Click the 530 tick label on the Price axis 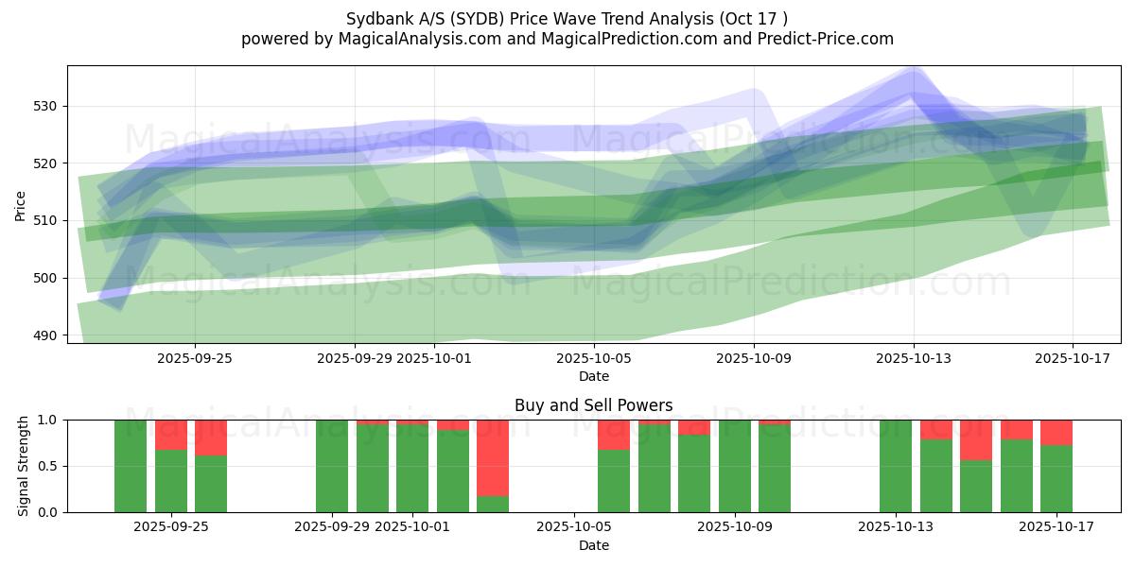pyautogui.click(x=45, y=106)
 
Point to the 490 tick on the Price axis pyautogui.click(x=45, y=335)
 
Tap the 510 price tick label pyautogui.click(x=45, y=220)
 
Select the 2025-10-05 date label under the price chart pyautogui.click(x=594, y=358)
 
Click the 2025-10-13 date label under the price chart pyautogui.click(x=914, y=358)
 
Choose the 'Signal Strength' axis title pyautogui.click(x=24, y=466)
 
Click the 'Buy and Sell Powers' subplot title pyautogui.click(x=593, y=405)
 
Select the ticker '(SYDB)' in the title pyautogui.click(x=483, y=18)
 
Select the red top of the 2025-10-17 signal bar pyautogui.click(x=1056, y=432)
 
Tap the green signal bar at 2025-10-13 pyautogui.click(x=896, y=466)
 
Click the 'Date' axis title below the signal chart pyautogui.click(x=593, y=545)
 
